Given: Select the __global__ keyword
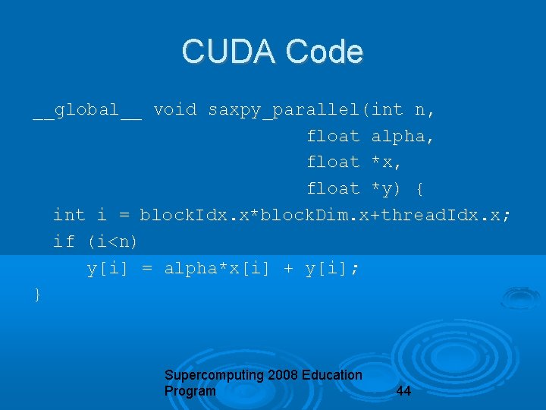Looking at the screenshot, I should [87, 110].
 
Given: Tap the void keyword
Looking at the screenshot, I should [174, 110].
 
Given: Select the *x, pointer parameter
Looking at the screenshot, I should [387, 162].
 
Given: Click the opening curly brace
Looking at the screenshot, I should [420, 188].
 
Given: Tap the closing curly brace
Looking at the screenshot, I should [38, 294].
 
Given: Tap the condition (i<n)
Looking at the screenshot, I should [112, 241].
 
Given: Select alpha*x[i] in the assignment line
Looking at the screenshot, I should [218, 268].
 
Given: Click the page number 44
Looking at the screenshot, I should [404, 392].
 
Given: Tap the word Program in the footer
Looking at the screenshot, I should [190, 391].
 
